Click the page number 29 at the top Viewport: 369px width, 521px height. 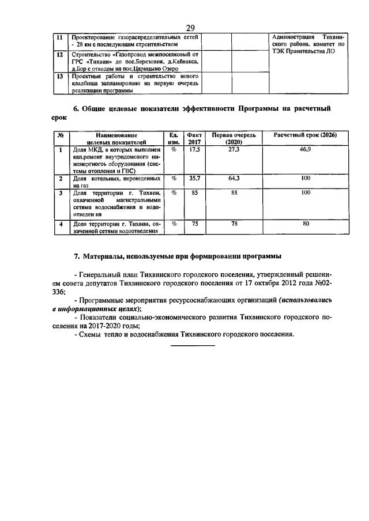(190, 28)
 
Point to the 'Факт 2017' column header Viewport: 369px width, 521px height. (194, 138)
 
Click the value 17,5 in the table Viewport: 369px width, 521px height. (194, 149)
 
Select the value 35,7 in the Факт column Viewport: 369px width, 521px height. (194, 179)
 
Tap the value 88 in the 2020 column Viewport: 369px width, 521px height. (234, 193)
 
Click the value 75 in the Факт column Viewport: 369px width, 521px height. (194, 224)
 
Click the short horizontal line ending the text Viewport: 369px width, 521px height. (193, 345)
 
